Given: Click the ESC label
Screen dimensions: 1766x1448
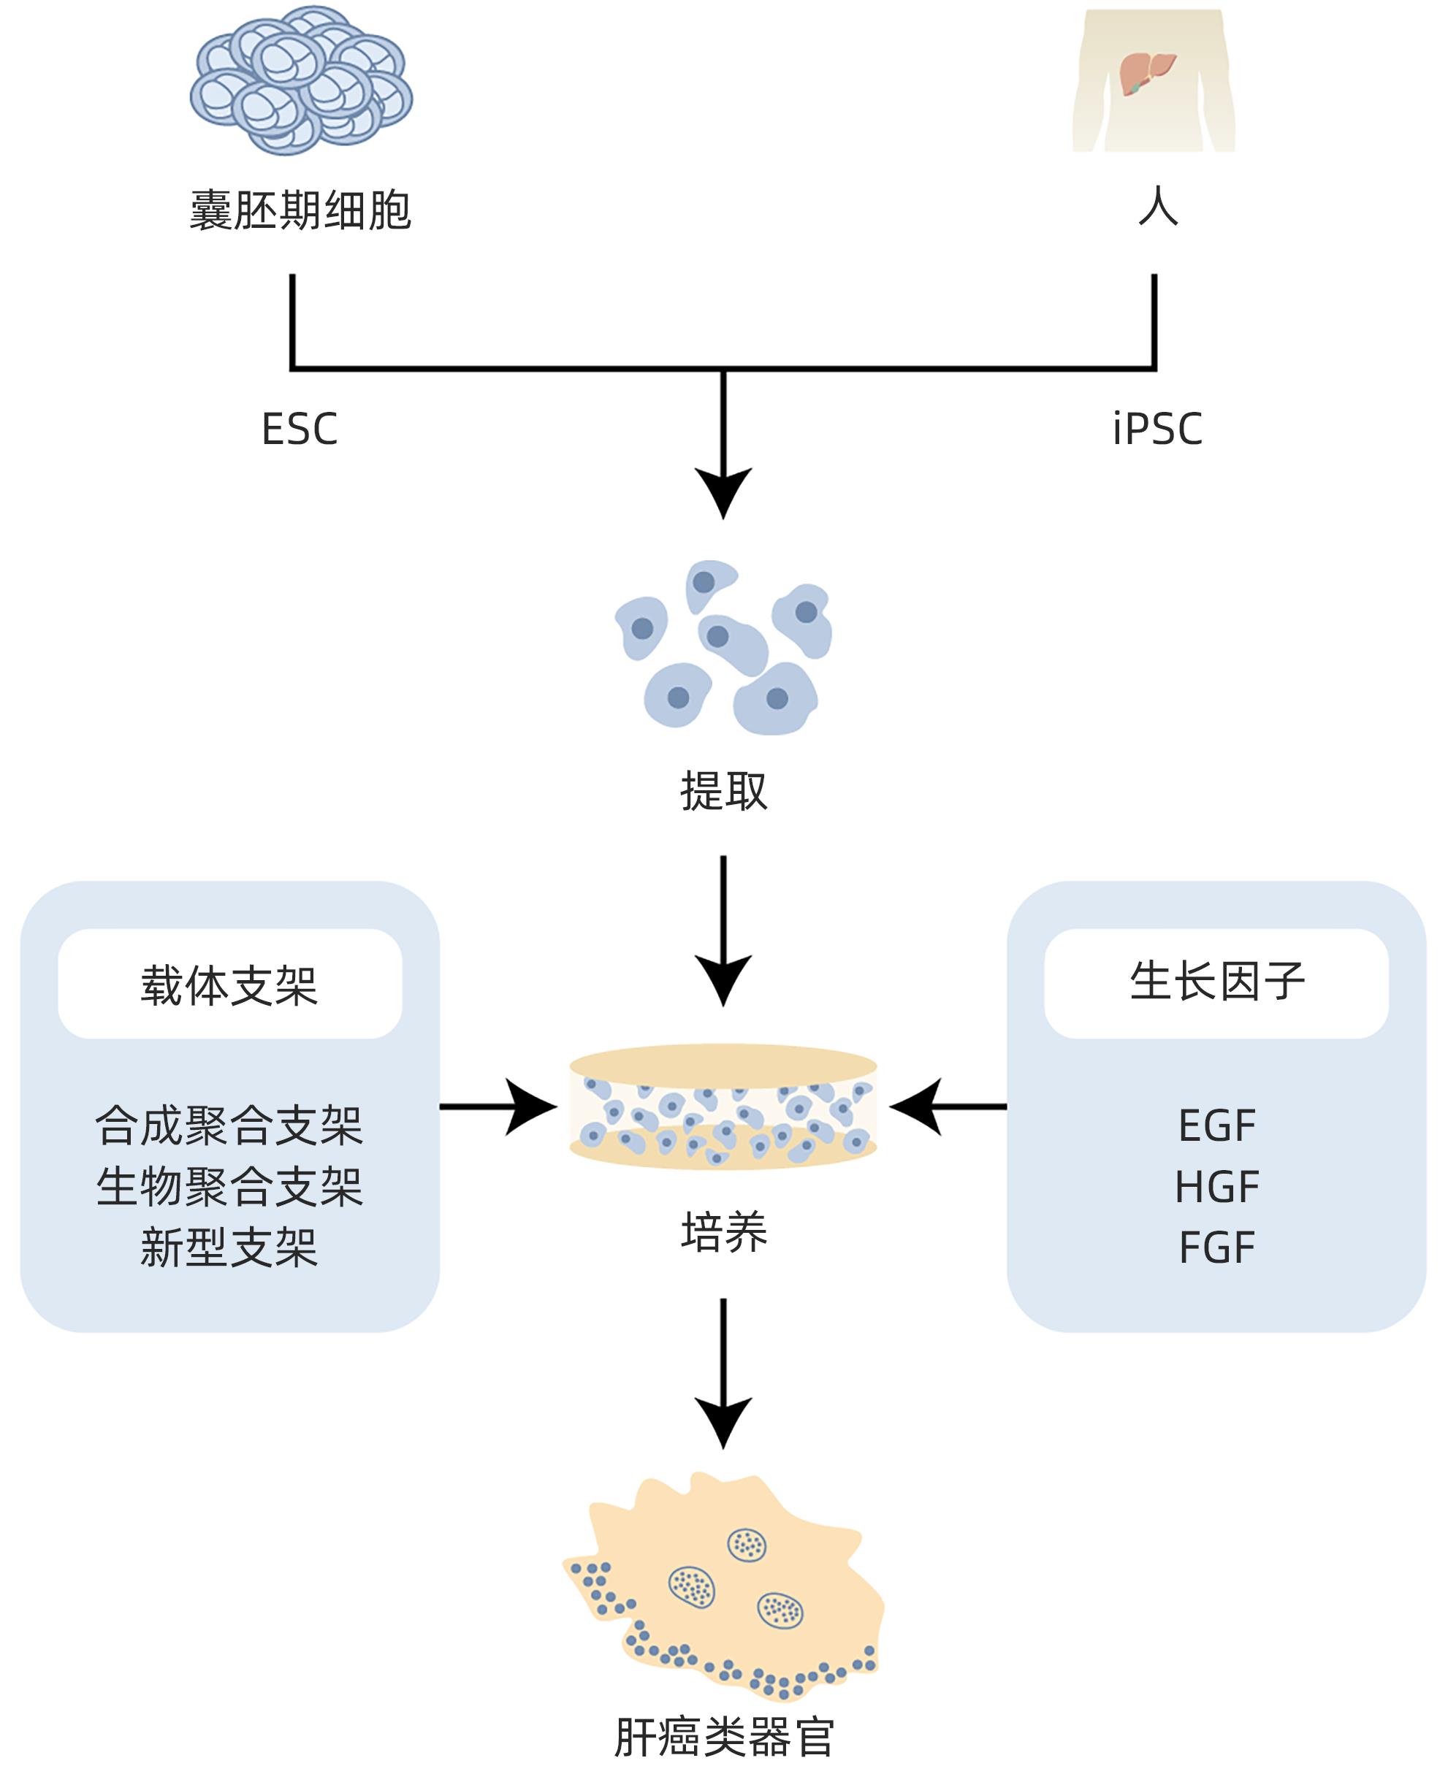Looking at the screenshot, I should click(300, 429).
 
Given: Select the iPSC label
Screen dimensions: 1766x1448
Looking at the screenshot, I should click(1157, 429).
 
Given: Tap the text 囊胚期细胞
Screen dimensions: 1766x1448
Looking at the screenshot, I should click(300, 210).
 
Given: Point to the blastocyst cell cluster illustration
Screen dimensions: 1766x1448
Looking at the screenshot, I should click(301, 81).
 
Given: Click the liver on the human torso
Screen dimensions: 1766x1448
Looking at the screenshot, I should click(1146, 73).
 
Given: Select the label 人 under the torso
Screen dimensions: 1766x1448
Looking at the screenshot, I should click(1158, 206).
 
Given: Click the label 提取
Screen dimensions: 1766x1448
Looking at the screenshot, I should click(723, 790).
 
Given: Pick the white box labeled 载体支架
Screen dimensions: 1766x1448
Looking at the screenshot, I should click(229, 984).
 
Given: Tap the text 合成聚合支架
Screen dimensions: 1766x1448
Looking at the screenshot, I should click(229, 1125).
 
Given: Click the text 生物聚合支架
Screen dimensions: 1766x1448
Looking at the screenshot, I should click(229, 1187).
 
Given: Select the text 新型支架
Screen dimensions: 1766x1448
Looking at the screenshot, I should click(229, 1247).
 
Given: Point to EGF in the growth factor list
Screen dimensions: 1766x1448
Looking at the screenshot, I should click(1216, 1125).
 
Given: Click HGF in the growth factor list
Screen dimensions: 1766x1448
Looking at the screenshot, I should click(1216, 1187).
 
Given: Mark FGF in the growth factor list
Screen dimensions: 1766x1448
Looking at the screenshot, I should click(1216, 1247).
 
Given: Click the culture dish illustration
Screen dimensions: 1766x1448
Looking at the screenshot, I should click(723, 1106).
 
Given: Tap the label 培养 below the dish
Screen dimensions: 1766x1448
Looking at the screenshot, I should click(723, 1232).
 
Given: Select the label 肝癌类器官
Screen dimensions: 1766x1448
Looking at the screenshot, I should click(723, 1738).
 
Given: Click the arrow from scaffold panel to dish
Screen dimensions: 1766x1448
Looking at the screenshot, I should click(498, 1106).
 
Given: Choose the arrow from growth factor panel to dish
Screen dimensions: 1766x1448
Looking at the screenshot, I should click(948, 1106).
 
